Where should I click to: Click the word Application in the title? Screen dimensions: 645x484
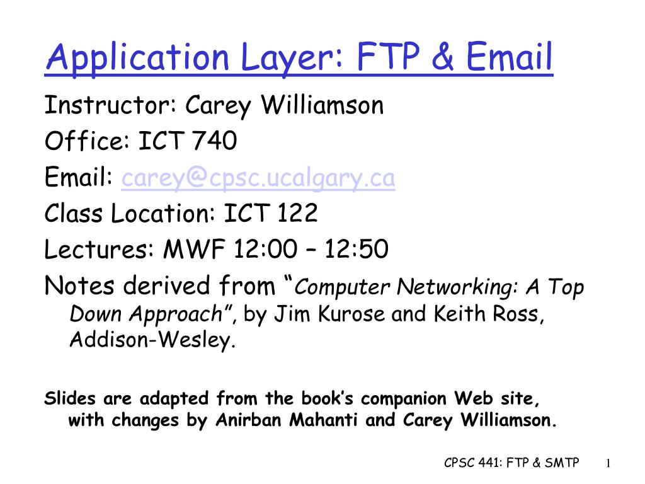tap(137, 58)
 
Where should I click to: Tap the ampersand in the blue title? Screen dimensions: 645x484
tap(443, 56)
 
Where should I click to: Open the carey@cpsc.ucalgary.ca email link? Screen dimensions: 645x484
tap(258, 178)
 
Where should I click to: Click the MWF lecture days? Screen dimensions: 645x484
tap(194, 249)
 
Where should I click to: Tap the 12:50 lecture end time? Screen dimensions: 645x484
tap(357, 249)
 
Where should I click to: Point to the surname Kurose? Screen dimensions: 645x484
tap(351, 314)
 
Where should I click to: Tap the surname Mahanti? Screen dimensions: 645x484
tap(323, 420)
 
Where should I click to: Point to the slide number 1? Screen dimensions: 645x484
tap(608, 463)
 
